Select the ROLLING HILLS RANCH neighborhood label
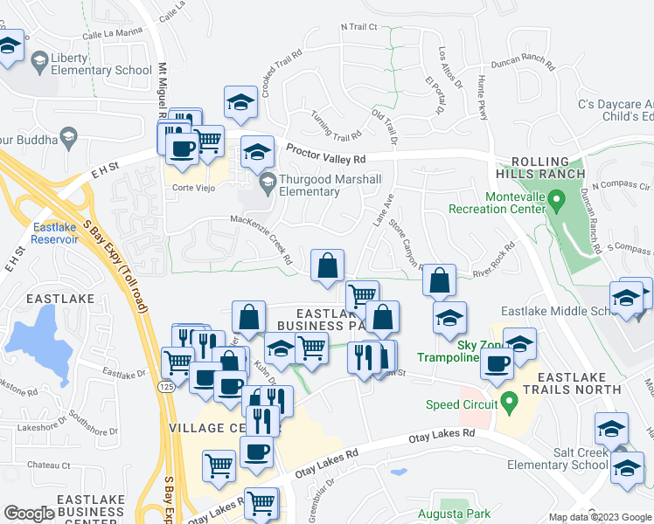pos(547,168)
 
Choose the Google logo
pos(29,514)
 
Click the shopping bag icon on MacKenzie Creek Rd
pos(327,265)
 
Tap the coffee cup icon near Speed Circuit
pos(496,366)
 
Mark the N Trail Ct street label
pos(358,27)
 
